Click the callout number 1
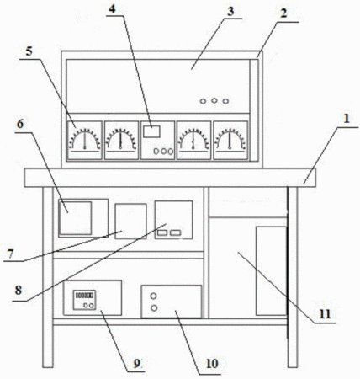click(347, 119)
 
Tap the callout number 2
click(284, 13)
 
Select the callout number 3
click(230, 11)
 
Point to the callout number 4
click(112, 8)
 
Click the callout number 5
click(29, 51)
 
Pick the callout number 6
click(20, 124)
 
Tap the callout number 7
click(10, 254)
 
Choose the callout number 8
click(19, 291)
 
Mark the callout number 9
click(136, 364)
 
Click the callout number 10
click(212, 364)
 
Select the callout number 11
click(325, 314)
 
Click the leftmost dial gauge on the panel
click(85, 141)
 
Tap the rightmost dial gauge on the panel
click(230, 141)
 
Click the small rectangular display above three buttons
click(151, 131)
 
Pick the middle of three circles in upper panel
click(214, 100)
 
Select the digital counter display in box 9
click(84, 296)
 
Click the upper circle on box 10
click(154, 296)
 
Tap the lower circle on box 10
click(154, 308)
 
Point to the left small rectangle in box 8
click(162, 232)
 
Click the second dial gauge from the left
click(121, 141)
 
